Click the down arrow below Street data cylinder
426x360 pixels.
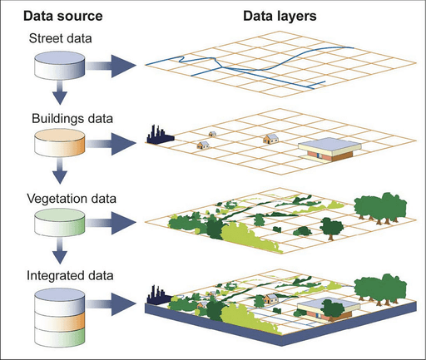[x=59, y=92]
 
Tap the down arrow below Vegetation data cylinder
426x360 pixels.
[x=59, y=252]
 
